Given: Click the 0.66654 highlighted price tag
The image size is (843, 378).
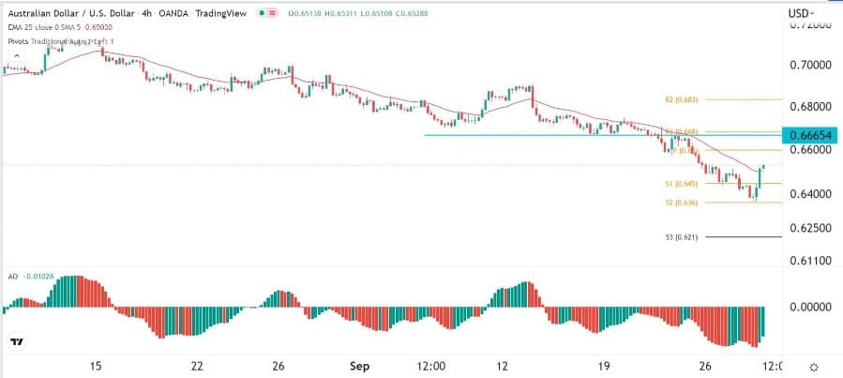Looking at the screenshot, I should pyautogui.click(x=810, y=135).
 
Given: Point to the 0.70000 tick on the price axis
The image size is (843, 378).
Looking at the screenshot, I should pyautogui.click(x=809, y=66).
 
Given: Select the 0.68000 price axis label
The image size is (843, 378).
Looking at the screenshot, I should pyautogui.click(x=809, y=107).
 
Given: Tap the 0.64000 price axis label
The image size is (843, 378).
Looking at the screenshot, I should pyautogui.click(x=809, y=194).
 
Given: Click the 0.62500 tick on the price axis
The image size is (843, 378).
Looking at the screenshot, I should pyautogui.click(x=809, y=228).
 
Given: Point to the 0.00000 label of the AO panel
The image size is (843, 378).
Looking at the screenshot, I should pyautogui.click(x=809, y=307).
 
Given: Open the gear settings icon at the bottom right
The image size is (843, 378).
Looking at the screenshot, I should pyautogui.click(x=814, y=367).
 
